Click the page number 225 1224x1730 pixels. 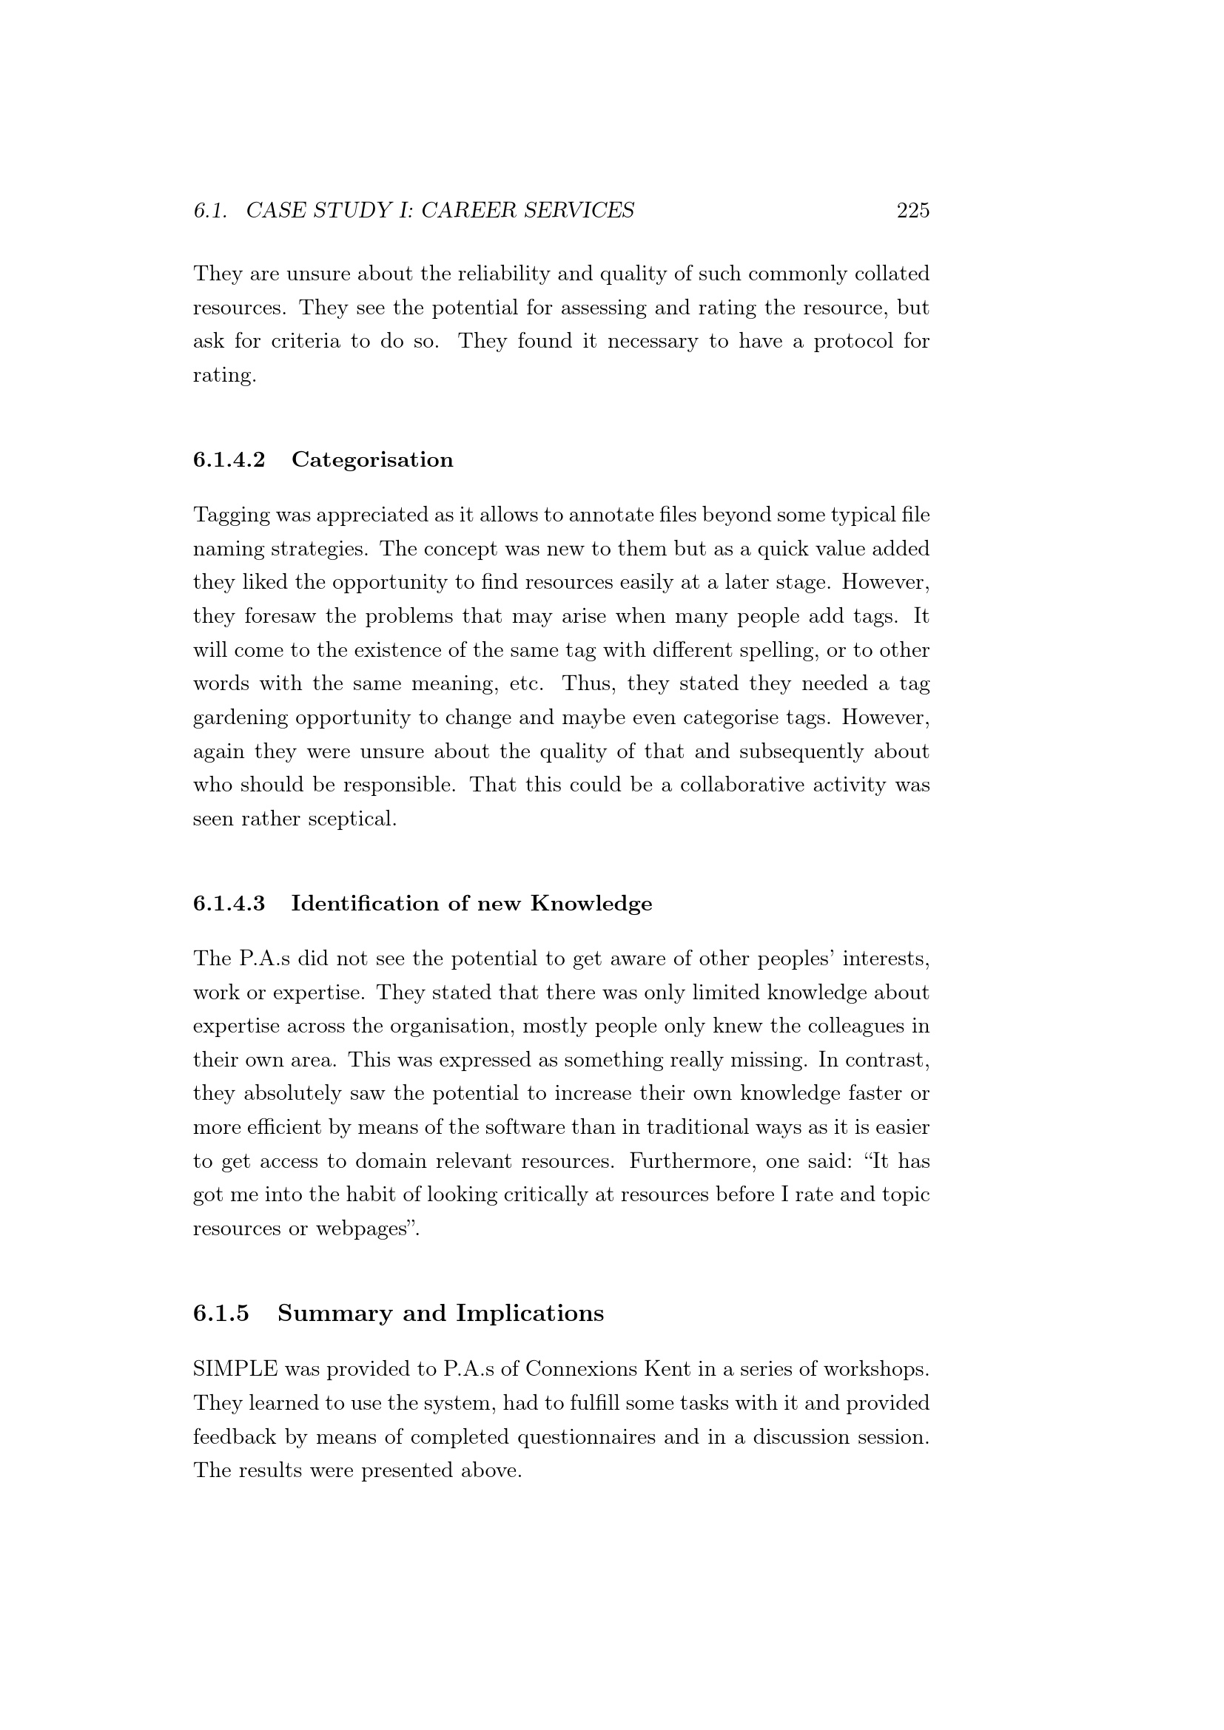912,210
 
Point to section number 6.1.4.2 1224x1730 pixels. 229,459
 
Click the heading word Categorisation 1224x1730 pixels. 372,459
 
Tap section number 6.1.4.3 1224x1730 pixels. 229,903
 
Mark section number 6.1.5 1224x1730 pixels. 221,1314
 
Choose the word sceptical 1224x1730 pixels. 352,819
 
